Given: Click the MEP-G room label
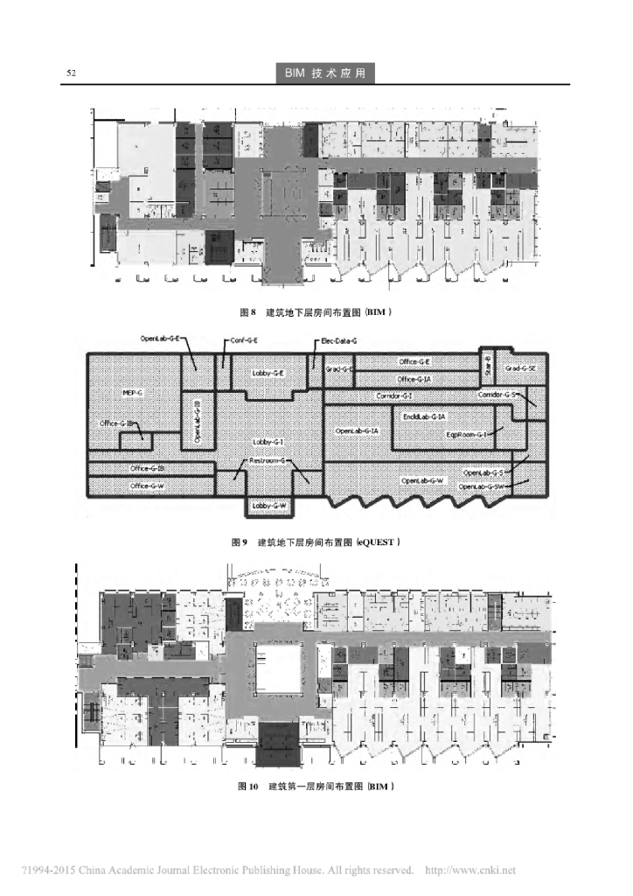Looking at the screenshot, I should [x=133, y=393].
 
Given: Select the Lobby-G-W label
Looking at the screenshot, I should [x=273, y=506].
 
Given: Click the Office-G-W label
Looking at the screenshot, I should [x=147, y=485].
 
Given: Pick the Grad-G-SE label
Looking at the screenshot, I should [x=521, y=368].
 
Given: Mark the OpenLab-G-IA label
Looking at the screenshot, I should [x=357, y=430].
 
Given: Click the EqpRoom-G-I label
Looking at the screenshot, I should [x=466, y=433].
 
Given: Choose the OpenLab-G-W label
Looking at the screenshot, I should [x=422, y=480].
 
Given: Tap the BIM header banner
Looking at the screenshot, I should [x=324, y=73].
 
